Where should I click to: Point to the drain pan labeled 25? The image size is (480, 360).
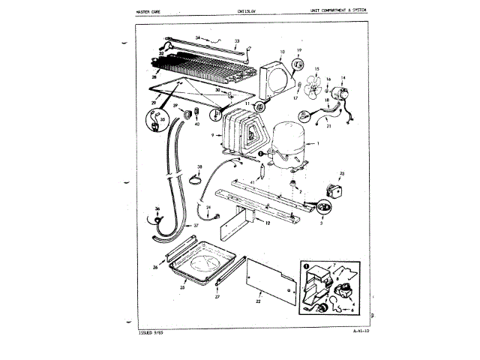(x=201, y=265)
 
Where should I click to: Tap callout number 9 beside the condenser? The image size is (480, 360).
(x=214, y=136)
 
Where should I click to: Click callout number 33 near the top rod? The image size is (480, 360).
(x=237, y=39)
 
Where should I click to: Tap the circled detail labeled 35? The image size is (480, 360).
(x=154, y=120)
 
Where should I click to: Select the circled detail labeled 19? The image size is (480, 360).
(x=298, y=53)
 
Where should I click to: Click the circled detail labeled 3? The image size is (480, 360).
(x=324, y=205)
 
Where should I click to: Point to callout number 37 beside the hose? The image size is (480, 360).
(x=194, y=224)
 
